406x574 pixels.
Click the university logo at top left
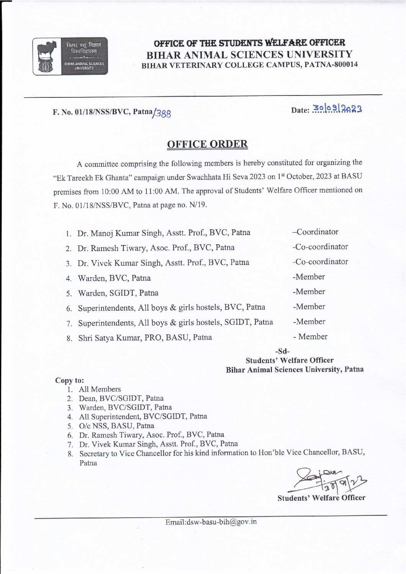point(70,56)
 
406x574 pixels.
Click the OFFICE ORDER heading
point(207,144)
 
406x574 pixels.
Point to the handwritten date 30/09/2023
point(337,109)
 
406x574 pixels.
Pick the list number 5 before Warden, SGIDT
point(69,294)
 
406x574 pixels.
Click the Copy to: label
point(69,380)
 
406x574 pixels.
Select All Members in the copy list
point(100,389)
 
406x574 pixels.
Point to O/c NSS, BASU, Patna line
point(116,426)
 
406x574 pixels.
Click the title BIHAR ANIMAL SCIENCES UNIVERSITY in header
point(249,54)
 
